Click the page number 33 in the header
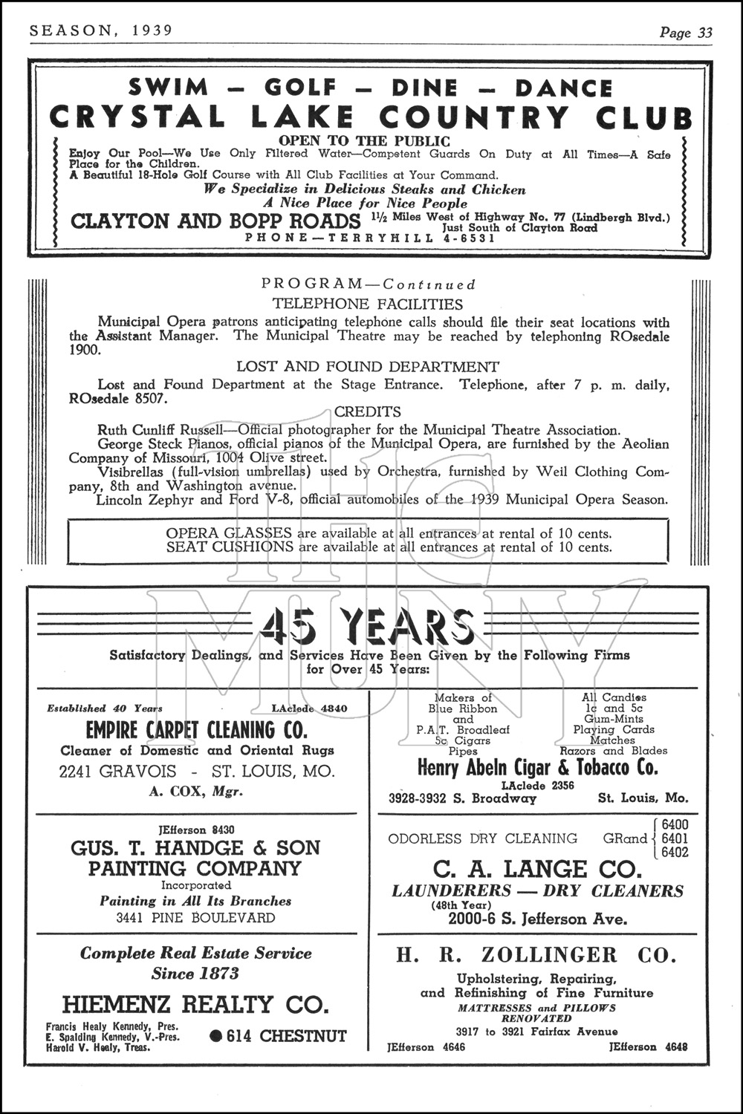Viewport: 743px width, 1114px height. [x=704, y=33]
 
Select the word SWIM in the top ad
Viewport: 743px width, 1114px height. [x=169, y=88]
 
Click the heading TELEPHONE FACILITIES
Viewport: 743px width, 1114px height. [x=367, y=304]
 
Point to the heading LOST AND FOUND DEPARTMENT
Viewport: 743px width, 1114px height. [x=367, y=367]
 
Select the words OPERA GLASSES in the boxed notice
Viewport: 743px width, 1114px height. [x=229, y=533]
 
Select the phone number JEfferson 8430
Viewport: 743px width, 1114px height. [x=196, y=830]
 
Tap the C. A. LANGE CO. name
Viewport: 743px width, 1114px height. [x=536, y=869]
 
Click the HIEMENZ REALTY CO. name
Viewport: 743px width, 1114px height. [x=195, y=1005]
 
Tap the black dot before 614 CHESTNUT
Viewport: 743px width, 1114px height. [x=217, y=1036]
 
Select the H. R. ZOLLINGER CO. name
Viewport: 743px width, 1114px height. [x=536, y=955]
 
